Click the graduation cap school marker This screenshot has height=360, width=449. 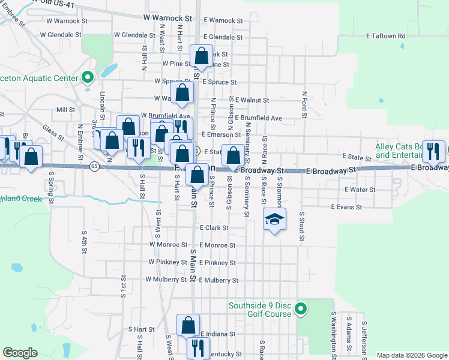tap(274, 220)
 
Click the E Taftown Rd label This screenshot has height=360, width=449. tap(385, 36)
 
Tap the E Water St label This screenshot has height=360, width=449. tap(360, 190)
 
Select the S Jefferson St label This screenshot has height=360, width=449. tap(364, 339)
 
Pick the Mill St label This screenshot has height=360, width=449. tap(65, 110)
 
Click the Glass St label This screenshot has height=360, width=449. tap(52, 132)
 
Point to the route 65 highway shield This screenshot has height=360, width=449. tap(94, 166)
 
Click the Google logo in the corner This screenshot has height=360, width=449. tap(20, 353)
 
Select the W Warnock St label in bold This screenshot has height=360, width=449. tap(167, 19)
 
